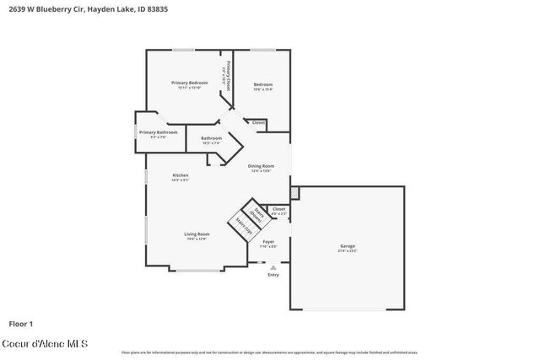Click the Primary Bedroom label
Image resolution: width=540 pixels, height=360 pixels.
189,83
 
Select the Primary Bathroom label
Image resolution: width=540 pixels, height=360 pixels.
158,132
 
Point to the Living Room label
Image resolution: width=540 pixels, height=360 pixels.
197,234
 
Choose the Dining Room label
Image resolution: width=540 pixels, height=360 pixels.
261,166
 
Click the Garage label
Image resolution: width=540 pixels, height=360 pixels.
348,246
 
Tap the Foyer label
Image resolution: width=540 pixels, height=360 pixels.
268,241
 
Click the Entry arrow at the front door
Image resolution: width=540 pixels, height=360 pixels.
273,267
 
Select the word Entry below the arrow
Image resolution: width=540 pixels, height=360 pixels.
273,275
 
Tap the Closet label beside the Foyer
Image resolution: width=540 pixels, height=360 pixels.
278,208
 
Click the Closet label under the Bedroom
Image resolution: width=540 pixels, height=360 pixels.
259,123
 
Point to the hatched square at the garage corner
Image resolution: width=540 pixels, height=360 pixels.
294,181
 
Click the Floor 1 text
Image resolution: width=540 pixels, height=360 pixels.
21,324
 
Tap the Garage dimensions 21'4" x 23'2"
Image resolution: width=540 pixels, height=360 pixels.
348,251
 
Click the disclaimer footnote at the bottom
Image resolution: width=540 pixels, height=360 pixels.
269,352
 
